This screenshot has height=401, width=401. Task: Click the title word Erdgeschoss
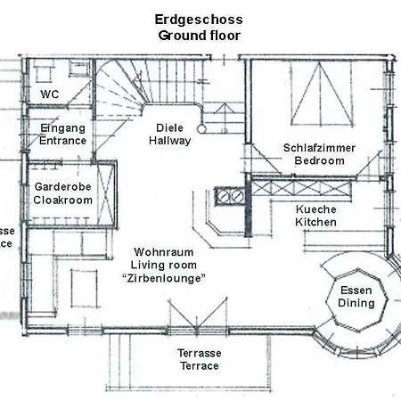(200, 19)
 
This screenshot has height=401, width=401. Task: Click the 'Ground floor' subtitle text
(200, 35)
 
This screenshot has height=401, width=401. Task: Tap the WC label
(49, 94)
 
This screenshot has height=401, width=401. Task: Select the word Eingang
(63, 127)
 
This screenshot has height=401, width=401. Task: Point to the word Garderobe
(63, 187)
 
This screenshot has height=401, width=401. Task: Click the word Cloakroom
(63, 200)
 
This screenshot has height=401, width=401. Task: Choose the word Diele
(169, 127)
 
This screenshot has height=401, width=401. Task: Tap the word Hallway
(169, 141)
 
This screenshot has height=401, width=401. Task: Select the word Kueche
(315, 209)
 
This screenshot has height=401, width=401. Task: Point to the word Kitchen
(315, 221)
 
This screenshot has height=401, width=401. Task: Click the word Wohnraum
(162, 252)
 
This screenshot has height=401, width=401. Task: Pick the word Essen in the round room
(356, 290)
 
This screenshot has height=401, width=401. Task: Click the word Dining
(356, 303)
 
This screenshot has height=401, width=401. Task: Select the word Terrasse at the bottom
(199, 353)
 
